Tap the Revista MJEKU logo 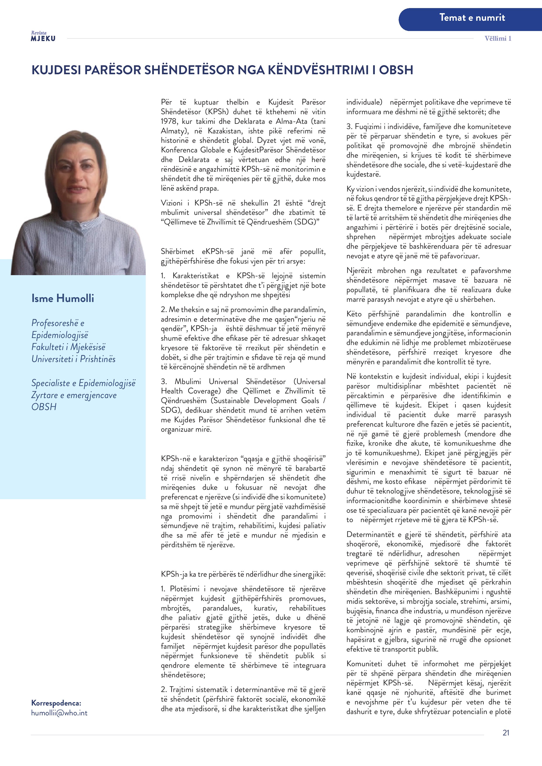(x=43, y=36)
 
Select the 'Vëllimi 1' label (x=498, y=38)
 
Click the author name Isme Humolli (x=63, y=298)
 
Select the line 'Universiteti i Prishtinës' (x=73, y=359)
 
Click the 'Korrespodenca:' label (x=56, y=703)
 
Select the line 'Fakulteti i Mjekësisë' (x=68, y=347)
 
